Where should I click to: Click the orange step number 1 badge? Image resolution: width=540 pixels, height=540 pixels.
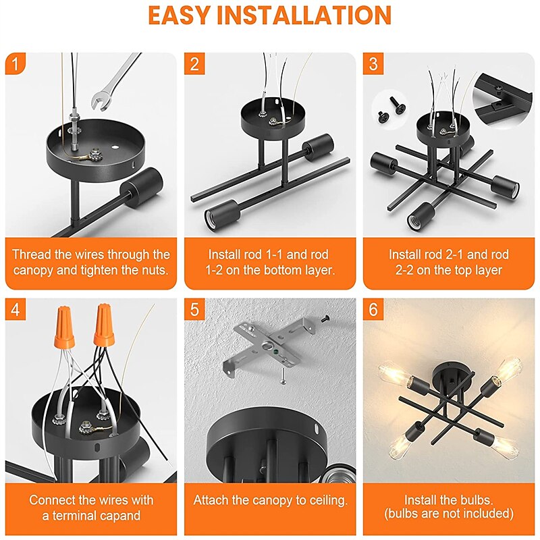[x=15, y=63]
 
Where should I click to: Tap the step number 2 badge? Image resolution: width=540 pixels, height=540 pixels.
[x=194, y=63]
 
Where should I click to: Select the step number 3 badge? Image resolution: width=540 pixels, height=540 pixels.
[x=373, y=63]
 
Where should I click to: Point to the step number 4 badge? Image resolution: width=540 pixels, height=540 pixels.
[x=15, y=309]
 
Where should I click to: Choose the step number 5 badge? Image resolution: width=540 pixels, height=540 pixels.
[x=194, y=309]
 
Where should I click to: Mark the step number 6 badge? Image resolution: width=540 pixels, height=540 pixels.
[x=373, y=309]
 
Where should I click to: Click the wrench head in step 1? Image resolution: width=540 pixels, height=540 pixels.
[x=101, y=100]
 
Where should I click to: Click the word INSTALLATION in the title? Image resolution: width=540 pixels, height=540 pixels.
[x=304, y=16]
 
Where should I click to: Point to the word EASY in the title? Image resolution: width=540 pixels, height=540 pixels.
[x=179, y=16]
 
